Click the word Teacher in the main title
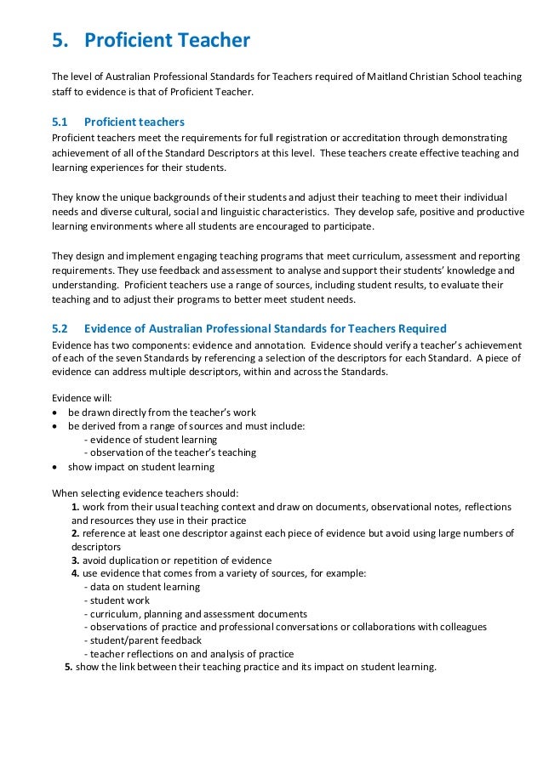(213, 40)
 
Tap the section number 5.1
(61, 122)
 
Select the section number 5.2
(61, 328)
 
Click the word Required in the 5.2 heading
(418, 328)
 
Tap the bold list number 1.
(76, 506)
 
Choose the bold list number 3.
(76, 560)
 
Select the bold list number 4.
(76, 573)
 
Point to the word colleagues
(460, 627)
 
